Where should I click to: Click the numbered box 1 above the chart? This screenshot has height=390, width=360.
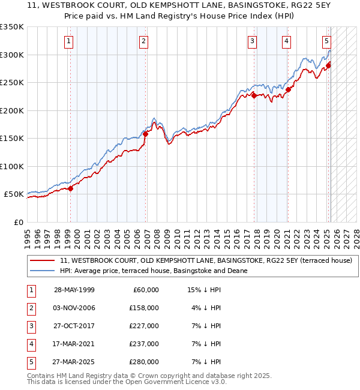[x=69, y=41]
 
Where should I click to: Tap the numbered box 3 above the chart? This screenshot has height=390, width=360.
[x=253, y=41]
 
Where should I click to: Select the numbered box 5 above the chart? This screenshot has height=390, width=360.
[x=326, y=41]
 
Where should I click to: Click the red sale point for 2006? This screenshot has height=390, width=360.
[x=145, y=134]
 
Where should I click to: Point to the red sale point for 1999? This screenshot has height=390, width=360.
[x=70, y=188]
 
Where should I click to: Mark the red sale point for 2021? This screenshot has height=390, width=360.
[x=288, y=90]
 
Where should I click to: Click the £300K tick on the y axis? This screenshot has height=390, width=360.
[x=12, y=55]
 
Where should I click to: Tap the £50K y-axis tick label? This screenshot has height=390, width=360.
[x=13, y=194]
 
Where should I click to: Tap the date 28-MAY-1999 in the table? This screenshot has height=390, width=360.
[x=74, y=290]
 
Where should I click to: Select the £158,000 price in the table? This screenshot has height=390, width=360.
[x=144, y=308]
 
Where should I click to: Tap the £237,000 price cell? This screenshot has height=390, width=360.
[x=144, y=344]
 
